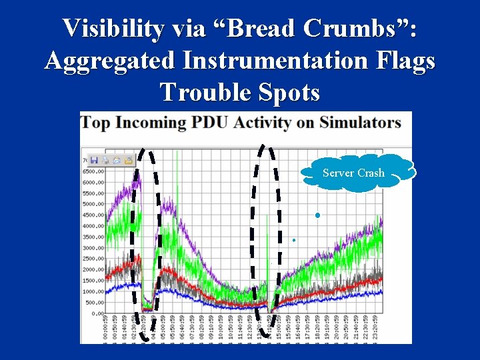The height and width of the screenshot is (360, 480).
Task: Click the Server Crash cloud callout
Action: pos(353,173)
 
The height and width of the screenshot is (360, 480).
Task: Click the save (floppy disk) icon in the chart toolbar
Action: pos(94,160)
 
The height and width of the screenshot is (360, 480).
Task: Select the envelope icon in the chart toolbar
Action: pos(129,160)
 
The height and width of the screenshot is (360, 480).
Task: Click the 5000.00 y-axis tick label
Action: pos(93,204)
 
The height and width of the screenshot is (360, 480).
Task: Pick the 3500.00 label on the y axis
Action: pos(93,237)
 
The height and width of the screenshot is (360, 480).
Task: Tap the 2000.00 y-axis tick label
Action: pos(93,269)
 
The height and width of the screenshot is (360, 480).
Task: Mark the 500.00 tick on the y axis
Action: pos(95,303)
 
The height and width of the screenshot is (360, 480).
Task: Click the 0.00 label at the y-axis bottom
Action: pos(98,313)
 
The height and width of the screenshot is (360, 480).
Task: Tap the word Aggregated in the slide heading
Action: pos(109,61)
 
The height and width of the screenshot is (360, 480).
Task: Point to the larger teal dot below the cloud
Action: pos(318,215)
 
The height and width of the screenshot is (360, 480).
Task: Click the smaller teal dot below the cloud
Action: pos(293,239)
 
